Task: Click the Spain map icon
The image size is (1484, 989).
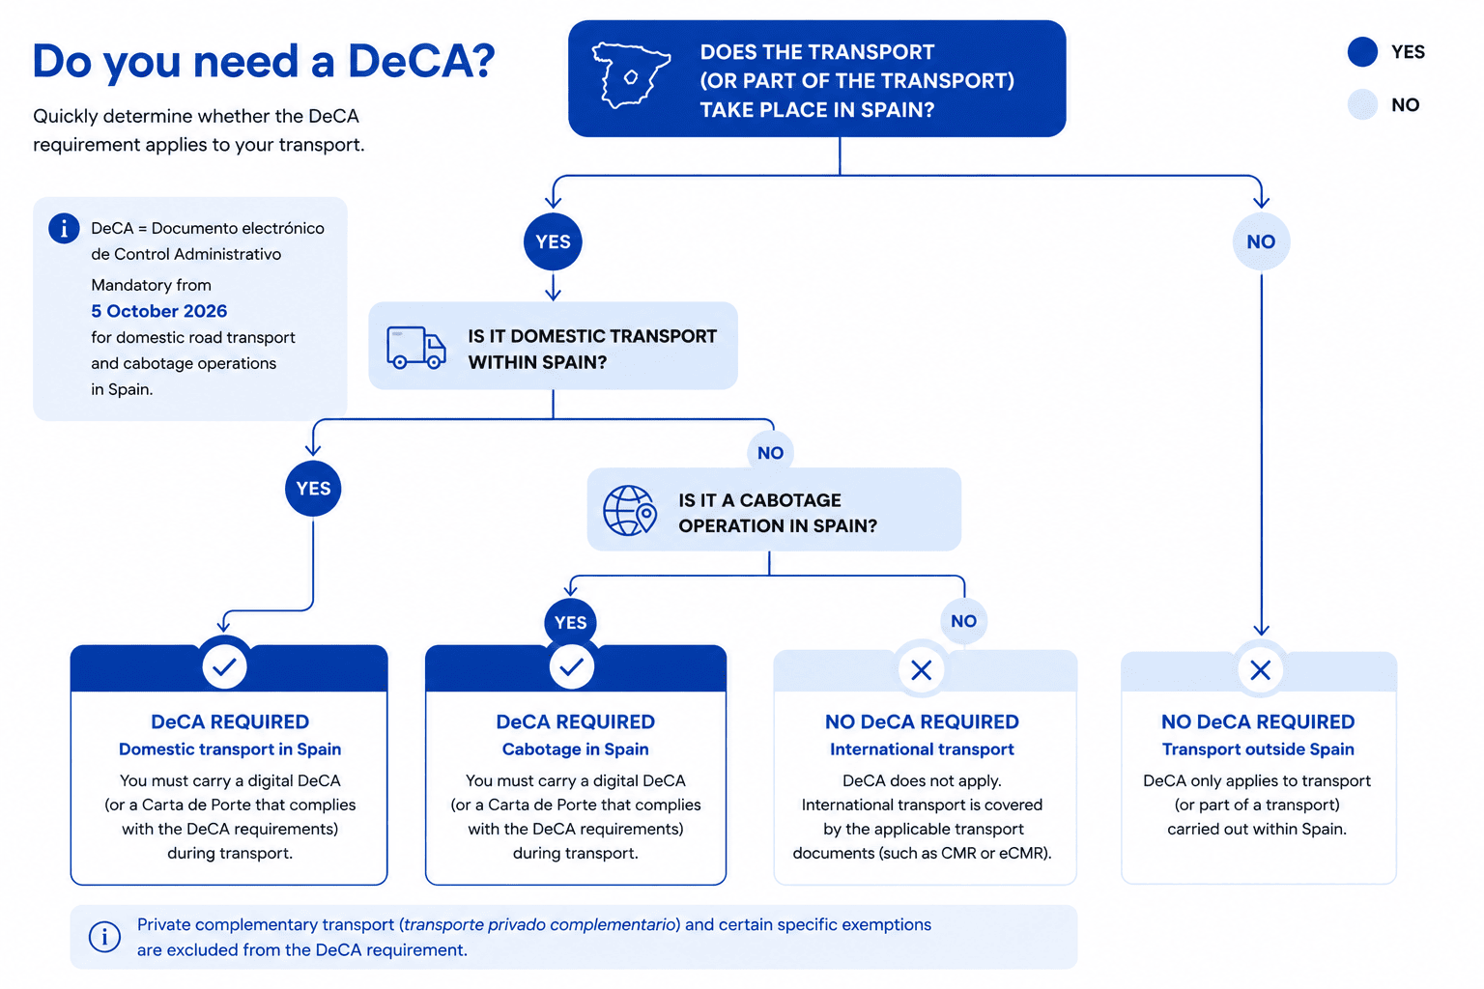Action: [x=631, y=75]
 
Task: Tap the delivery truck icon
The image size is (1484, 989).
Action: [x=416, y=347]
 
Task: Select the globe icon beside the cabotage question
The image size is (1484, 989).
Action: [x=629, y=510]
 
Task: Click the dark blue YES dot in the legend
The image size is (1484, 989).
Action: [x=1362, y=51]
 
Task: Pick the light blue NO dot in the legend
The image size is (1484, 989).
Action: [x=1362, y=104]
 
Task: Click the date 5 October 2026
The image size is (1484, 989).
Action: [x=159, y=311]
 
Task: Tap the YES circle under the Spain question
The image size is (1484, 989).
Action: [x=553, y=241]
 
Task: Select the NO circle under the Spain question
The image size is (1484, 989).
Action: [x=1261, y=241]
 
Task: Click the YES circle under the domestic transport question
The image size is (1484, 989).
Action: [x=313, y=488]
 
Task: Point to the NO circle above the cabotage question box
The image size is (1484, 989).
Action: [x=770, y=453]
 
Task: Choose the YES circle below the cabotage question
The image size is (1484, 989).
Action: [x=570, y=623]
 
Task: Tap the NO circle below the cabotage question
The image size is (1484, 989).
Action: [x=964, y=621]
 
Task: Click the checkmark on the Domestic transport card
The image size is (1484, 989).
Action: [x=224, y=666]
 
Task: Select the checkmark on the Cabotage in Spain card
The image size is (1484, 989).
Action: [x=571, y=666]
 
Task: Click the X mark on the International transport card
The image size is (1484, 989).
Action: [x=922, y=670]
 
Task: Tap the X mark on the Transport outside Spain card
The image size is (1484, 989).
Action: [x=1260, y=670]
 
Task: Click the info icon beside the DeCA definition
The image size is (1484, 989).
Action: [x=65, y=229]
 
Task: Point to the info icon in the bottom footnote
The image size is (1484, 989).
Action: [x=104, y=937]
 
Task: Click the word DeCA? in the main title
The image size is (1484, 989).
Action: [x=421, y=61]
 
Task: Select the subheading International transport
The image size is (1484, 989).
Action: [x=922, y=749]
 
